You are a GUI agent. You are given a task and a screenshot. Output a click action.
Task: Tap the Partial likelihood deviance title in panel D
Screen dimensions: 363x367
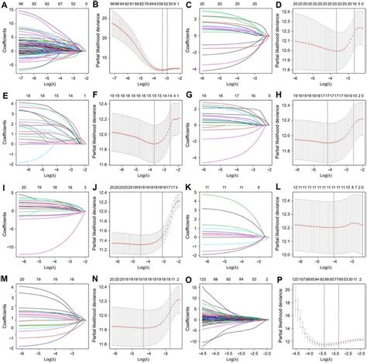[x=281, y=43]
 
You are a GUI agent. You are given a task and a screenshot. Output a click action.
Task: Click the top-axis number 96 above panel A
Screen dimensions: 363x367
[x=24, y=5]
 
